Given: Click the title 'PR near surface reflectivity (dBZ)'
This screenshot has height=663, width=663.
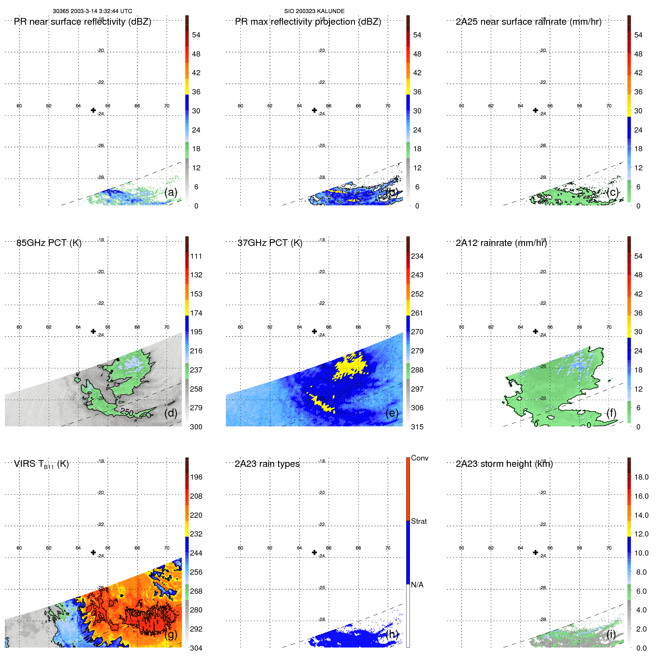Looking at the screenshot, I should pyautogui.click(x=82, y=22).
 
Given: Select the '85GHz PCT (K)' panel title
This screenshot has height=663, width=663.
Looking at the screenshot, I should pyautogui.click(x=49, y=243).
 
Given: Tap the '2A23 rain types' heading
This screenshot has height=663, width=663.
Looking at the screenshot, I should pyautogui.click(x=267, y=464).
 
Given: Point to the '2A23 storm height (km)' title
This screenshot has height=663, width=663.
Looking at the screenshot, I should pyautogui.click(x=504, y=464).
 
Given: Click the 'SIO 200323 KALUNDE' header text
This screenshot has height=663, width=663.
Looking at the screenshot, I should pyautogui.click(x=314, y=11).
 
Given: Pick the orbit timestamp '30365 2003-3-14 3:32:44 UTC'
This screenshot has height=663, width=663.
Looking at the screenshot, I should pyautogui.click(x=92, y=11).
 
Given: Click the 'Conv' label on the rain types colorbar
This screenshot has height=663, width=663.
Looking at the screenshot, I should pyautogui.click(x=419, y=458).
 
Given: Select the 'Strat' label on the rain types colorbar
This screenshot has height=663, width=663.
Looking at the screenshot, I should pyautogui.click(x=419, y=521).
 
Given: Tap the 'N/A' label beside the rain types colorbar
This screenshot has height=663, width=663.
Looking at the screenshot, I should pyautogui.click(x=417, y=585).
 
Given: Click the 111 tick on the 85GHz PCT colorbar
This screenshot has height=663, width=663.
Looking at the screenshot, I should pyautogui.click(x=196, y=256).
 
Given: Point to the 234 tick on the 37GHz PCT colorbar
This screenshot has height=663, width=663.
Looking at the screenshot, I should pyautogui.click(x=417, y=256).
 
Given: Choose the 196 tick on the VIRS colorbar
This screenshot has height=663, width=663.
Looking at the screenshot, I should pyautogui.click(x=196, y=477).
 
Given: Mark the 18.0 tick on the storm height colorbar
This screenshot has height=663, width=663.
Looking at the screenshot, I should pyautogui.click(x=641, y=477).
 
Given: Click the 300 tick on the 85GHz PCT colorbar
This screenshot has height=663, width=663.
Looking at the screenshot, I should pyautogui.click(x=196, y=427).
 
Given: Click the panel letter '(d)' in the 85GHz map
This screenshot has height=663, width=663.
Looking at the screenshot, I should pyautogui.click(x=171, y=413).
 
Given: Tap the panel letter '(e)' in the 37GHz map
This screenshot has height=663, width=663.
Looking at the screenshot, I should pyautogui.click(x=392, y=413).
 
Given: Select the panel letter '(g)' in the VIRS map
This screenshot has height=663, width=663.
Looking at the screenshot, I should pyautogui.click(x=171, y=634).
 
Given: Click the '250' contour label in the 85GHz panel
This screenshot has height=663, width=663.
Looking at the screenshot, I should pyautogui.click(x=127, y=412).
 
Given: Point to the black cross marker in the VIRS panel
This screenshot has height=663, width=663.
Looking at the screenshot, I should pyautogui.click(x=93, y=553).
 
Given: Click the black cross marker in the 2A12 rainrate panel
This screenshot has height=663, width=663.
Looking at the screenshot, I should pyautogui.click(x=535, y=331).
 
